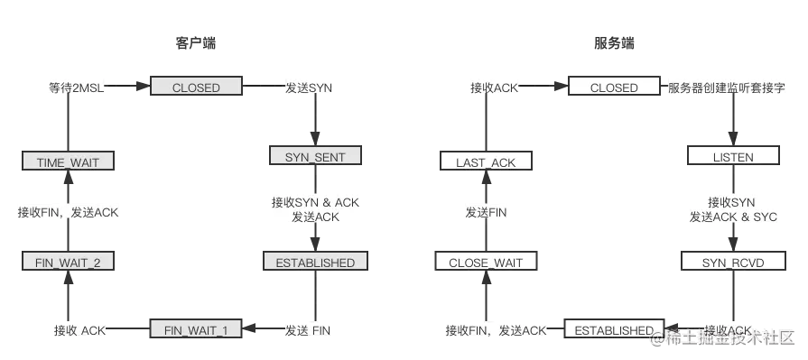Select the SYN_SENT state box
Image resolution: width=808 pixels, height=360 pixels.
click(315, 157)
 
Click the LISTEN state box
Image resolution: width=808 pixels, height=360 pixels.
click(732, 156)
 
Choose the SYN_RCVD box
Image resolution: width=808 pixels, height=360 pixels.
click(732, 262)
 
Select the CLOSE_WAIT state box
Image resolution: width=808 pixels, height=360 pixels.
click(486, 263)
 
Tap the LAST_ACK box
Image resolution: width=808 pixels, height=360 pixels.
click(486, 162)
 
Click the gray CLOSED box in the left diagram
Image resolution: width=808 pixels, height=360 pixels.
click(196, 88)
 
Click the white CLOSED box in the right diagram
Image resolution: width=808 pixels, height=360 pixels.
click(614, 88)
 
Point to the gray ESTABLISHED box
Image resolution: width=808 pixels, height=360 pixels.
click(315, 263)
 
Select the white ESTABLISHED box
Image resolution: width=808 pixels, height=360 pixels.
click(614, 330)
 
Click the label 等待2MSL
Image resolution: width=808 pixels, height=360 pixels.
click(76, 88)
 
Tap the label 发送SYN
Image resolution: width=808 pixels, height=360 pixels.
click(309, 88)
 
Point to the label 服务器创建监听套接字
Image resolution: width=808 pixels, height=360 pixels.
click(726, 88)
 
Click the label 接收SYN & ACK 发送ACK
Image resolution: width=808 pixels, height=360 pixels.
click(315, 210)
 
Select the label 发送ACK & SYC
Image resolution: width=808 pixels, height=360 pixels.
click(733, 217)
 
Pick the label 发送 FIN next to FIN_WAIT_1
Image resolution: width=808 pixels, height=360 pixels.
click(307, 330)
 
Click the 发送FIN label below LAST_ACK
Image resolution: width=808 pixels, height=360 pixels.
click(486, 213)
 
